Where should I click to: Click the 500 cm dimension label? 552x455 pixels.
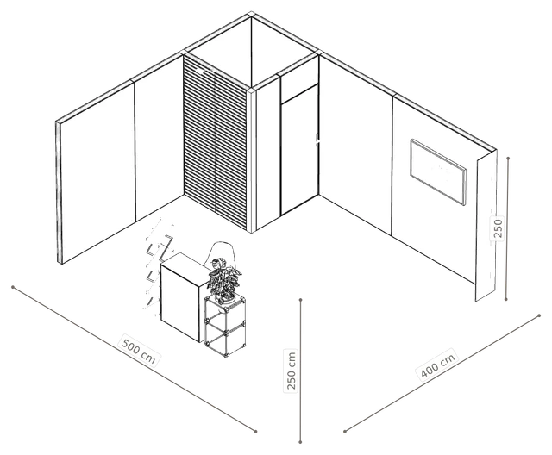(138, 350)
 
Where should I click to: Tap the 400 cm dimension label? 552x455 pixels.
(437, 365)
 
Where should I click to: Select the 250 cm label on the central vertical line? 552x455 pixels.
(292, 371)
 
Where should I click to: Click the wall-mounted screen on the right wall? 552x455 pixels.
(438, 171)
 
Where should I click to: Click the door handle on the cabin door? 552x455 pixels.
(317, 140)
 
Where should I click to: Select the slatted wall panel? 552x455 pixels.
(216, 141)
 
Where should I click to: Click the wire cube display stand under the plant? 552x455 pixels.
(225, 326)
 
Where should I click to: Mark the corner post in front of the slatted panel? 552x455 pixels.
(251, 160)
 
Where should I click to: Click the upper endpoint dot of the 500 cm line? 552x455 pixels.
(13, 287)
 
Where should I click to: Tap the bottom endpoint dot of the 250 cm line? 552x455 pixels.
(300, 442)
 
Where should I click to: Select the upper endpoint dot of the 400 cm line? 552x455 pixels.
(539, 315)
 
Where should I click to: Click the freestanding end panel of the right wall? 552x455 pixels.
(486, 226)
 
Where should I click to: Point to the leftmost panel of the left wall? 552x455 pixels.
(97, 172)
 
